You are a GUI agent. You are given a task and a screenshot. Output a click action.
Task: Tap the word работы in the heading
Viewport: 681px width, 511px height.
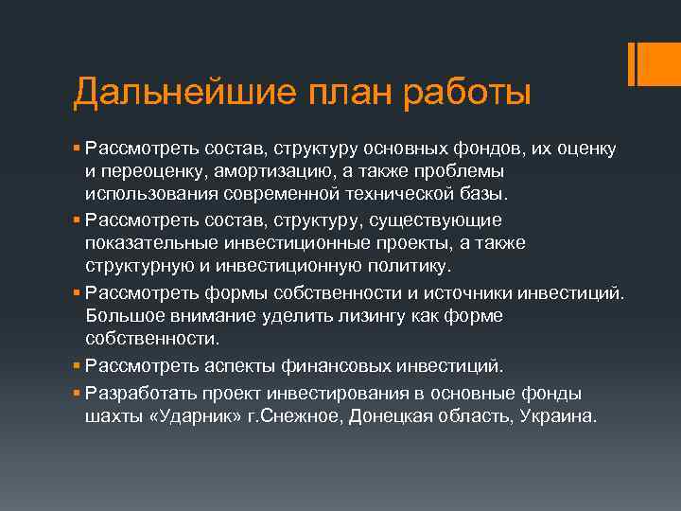465,94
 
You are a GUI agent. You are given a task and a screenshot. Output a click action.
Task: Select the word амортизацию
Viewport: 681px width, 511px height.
298,171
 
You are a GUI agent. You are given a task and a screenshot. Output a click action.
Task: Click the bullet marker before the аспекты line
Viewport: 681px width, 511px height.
77,364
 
